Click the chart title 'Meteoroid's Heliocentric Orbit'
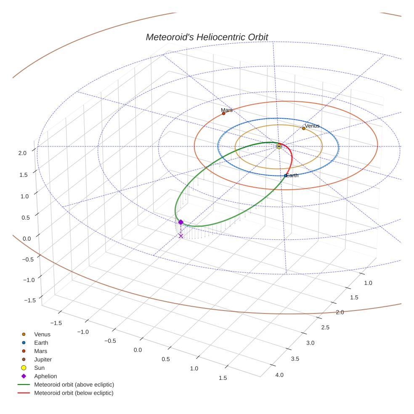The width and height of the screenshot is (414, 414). pyautogui.click(x=207, y=37)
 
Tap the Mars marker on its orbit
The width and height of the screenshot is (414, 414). pyautogui.click(x=223, y=113)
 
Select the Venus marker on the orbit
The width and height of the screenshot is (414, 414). pyautogui.click(x=303, y=128)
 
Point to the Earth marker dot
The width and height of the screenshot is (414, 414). pyautogui.click(x=286, y=175)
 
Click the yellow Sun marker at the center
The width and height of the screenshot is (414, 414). pyautogui.click(x=279, y=146)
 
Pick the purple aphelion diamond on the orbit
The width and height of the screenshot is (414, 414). pyautogui.click(x=180, y=222)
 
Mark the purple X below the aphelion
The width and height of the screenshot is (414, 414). pyautogui.click(x=181, y=236)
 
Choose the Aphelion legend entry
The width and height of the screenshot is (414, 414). pyautogui.click(x=45, y=376)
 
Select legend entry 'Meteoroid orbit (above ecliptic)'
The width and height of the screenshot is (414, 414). pyautogui.click(x=74, y=385)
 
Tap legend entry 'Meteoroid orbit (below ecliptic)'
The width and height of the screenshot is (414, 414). pyautogui.click(x=74, y=393)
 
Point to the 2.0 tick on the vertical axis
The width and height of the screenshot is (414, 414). pyautogui.click(x=23, y=153)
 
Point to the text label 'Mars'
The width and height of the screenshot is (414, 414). pyautogui.click(x=227, y=110)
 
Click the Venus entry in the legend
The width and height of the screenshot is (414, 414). pyautogui.click(x=42, y=334)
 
